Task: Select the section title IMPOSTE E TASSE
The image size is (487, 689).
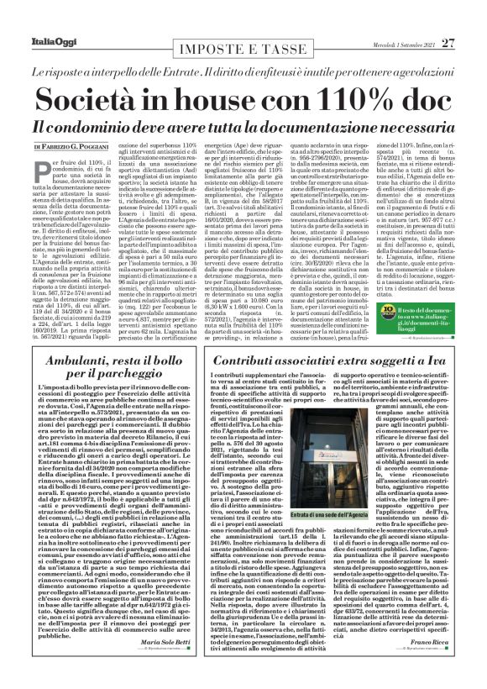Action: tap(243, 28)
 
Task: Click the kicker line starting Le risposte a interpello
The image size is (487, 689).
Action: tap(243, 51)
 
